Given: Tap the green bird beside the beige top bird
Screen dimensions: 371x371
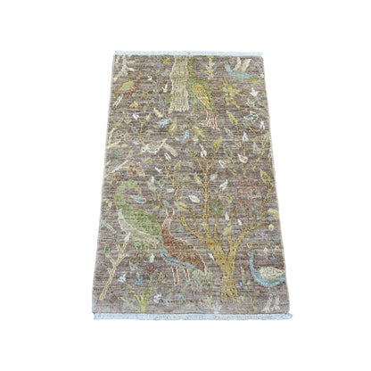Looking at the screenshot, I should pyautogui.click(x=203, y=89).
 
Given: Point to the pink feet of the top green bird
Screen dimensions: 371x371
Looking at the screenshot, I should pyautogui.click(x=210, y=119).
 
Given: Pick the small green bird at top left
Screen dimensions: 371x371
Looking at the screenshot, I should pyautogui.click(x=128, y=86).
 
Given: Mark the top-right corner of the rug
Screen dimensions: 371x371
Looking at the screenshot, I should pyautogui.click(x=259, y=54).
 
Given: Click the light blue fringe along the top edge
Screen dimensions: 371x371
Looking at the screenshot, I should pyautogui.click(x=187, y=53).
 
